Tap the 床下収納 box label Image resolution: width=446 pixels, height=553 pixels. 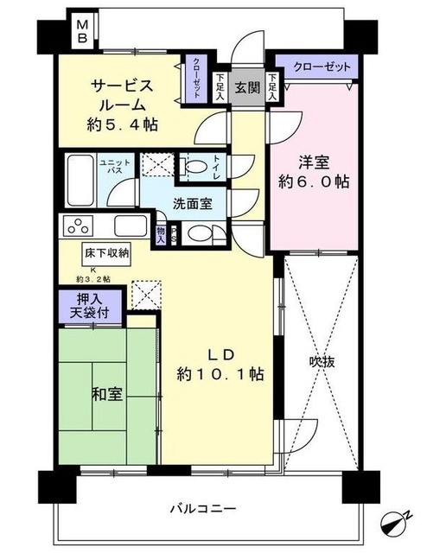107,253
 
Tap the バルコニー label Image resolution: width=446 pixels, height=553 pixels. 204,508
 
